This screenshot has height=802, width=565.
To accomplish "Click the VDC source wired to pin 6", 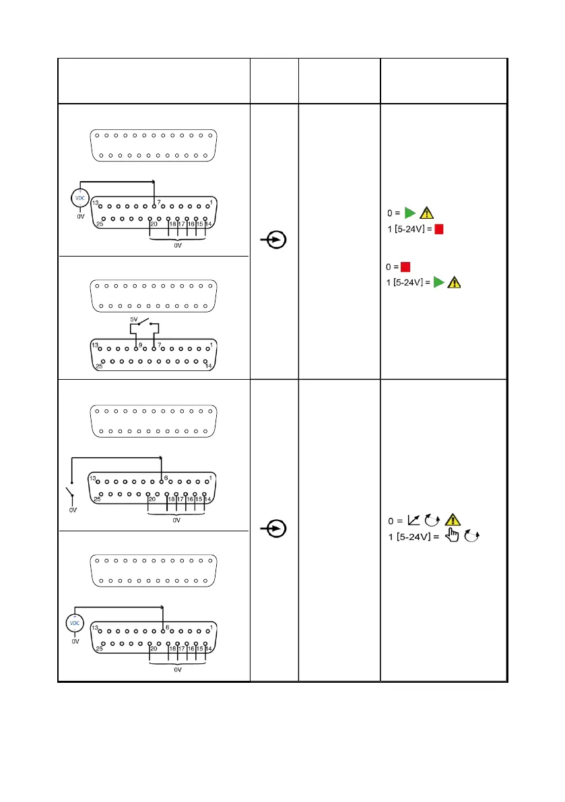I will (x=75, y=623).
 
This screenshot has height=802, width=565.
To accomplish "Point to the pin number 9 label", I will (x=140, y=345).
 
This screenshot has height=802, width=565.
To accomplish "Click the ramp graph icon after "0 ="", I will (x=415, y=520).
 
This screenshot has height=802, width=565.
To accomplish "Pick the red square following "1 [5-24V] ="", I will (x=438, y=230).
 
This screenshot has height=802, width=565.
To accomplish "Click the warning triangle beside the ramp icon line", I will (x=453, y=520).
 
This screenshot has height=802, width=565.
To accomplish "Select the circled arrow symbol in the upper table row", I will (x=274, y=239).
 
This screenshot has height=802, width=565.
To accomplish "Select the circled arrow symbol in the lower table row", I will (x=274, y=529).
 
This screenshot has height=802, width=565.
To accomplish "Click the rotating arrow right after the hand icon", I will (x=472, y=537).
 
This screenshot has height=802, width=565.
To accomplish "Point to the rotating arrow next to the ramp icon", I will (x=433, y=520).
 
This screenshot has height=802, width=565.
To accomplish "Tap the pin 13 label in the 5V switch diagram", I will (x=96, y=345).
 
